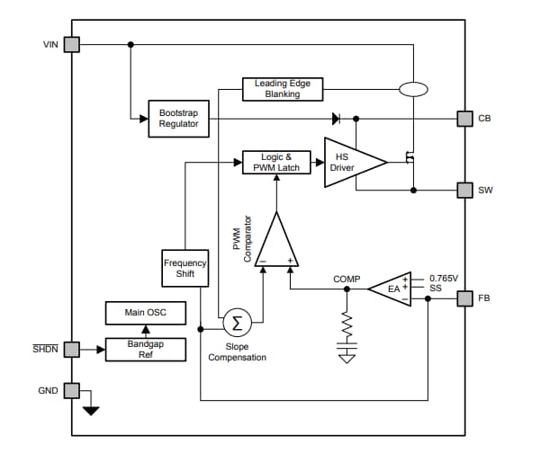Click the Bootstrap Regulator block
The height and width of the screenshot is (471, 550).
179,119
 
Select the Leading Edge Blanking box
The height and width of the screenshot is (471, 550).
282,89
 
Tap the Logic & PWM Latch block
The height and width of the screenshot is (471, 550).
277,163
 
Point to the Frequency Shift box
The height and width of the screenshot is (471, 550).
185,268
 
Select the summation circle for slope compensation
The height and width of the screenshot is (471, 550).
237,321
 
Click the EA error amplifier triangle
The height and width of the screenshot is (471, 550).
393,289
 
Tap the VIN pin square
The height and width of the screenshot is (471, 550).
72,44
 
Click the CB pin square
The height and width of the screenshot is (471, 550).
464,119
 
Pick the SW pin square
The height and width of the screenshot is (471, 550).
464,190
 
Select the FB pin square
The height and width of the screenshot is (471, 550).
464,298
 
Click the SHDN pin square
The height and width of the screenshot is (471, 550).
72,348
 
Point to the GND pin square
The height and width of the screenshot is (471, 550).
72,390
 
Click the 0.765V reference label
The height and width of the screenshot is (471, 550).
445,278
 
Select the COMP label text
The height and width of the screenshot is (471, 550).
346,280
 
